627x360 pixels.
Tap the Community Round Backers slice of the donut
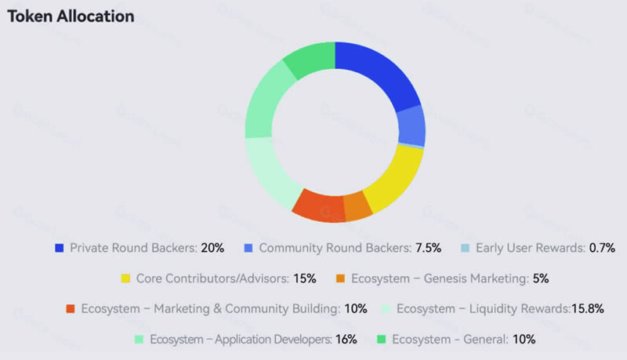(411, 125)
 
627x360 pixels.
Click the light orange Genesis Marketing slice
(357, 206)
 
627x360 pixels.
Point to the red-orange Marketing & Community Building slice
(317, 205)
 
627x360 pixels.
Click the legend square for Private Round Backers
(59, 248)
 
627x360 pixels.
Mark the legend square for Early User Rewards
(465, 248)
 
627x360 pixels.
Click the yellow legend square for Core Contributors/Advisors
(125, 278)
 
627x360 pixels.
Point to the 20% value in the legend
(212, 248)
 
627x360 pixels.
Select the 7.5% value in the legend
(428, 248)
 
